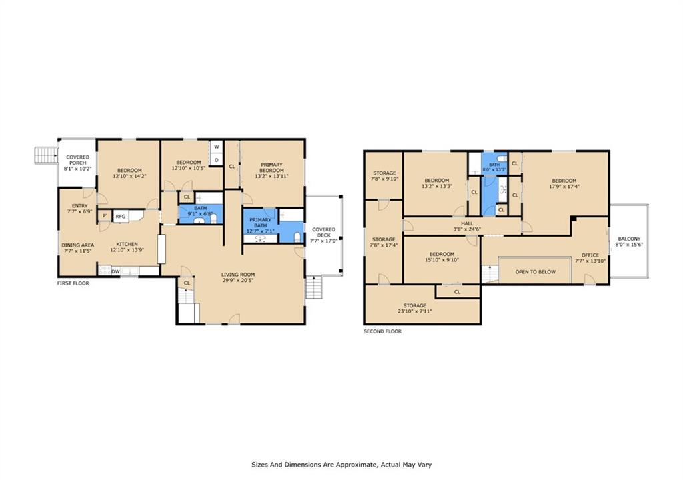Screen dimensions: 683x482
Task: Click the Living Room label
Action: (238, 274)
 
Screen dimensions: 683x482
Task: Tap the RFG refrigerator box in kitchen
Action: (121, 217)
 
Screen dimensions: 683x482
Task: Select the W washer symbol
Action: (217, 147)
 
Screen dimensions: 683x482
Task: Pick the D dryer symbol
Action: (217, 160)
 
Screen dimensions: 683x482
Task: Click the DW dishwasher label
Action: (115, 272)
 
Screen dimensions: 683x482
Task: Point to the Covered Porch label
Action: (77, 160)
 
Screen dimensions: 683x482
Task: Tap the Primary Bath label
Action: (261, 223)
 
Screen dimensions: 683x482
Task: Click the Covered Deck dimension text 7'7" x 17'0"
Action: (324, 241)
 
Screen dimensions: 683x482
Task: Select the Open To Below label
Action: (536, 272)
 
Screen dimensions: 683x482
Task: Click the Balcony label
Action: (629, 239)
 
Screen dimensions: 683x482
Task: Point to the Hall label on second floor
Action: (467, 223)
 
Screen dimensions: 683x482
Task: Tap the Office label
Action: (590, 255)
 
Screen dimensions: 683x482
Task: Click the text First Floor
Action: (73, 283)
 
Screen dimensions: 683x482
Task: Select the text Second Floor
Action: (382, 331)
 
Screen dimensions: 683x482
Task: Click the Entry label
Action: (80, 206)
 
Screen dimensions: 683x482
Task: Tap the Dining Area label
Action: (77, 245)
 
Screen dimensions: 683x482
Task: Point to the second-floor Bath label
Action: (494, 165)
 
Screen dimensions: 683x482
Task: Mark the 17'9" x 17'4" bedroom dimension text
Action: (564, 187)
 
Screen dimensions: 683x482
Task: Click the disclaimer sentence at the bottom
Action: (341, 465)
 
